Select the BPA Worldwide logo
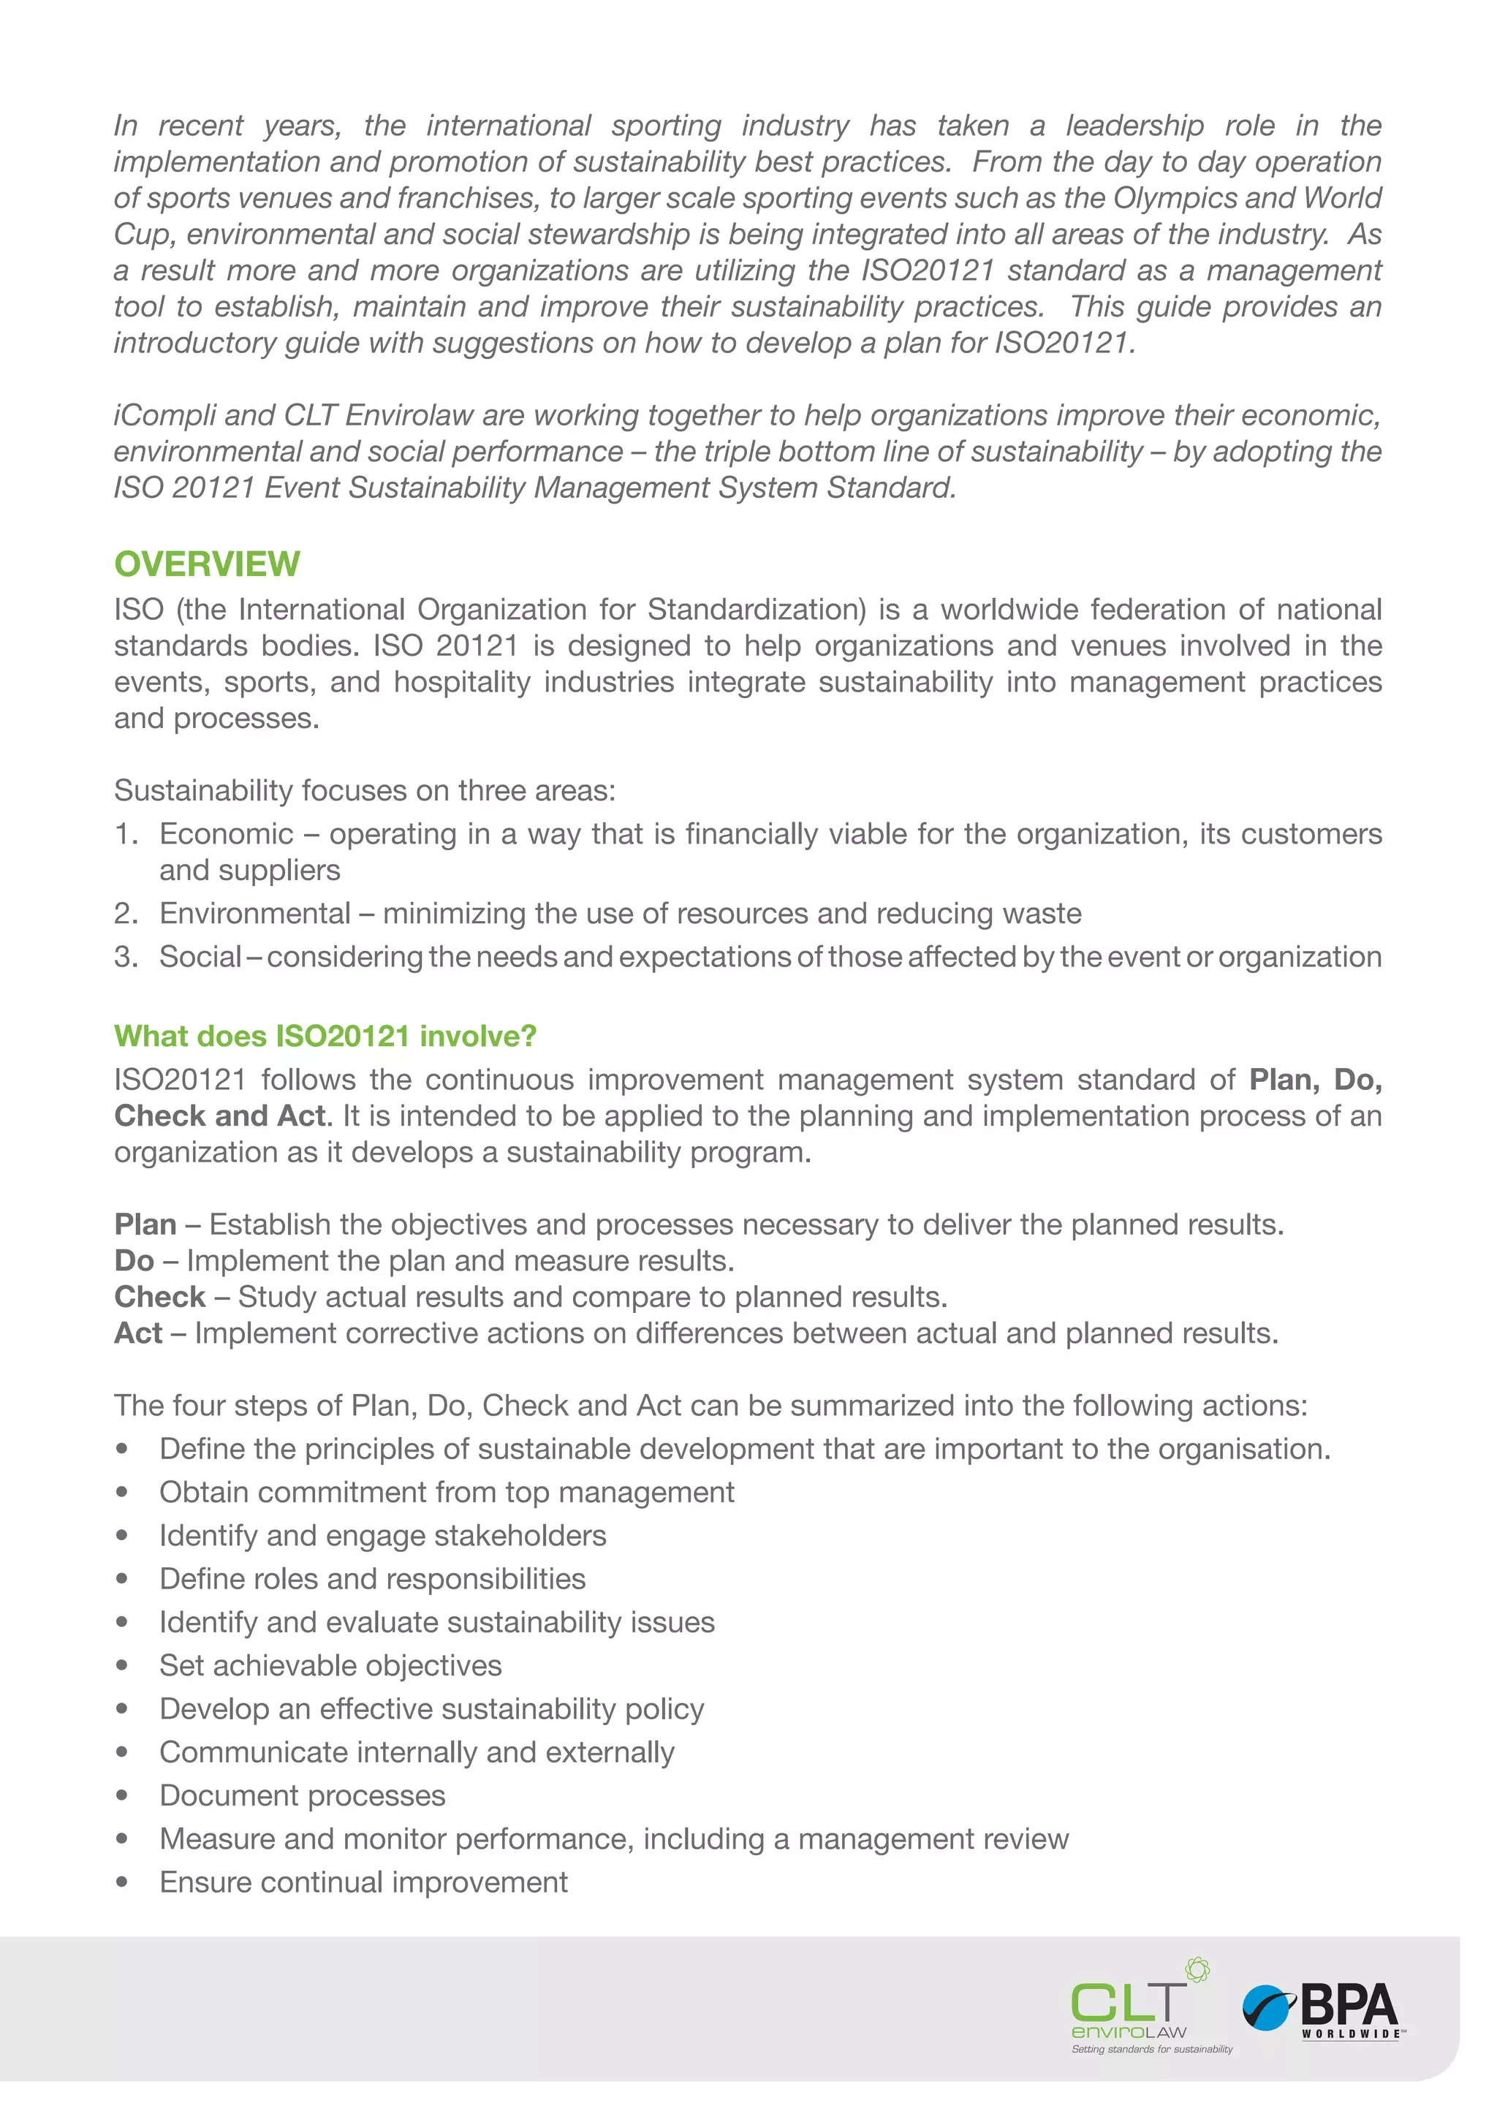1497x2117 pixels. coord(1324,2010)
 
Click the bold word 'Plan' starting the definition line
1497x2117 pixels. coord(145,1224)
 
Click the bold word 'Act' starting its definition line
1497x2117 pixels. coord(137,1333)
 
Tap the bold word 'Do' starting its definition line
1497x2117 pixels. coord(134,1260)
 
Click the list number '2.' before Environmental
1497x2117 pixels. coord(126,913)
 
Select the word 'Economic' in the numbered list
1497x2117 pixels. coord(226,833)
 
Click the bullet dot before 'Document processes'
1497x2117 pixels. coord(121,1795)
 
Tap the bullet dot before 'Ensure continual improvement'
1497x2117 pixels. coord(121,1882)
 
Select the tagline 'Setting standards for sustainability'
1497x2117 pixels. coord(1151,2049)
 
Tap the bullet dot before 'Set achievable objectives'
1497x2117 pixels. coord(121,1665)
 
